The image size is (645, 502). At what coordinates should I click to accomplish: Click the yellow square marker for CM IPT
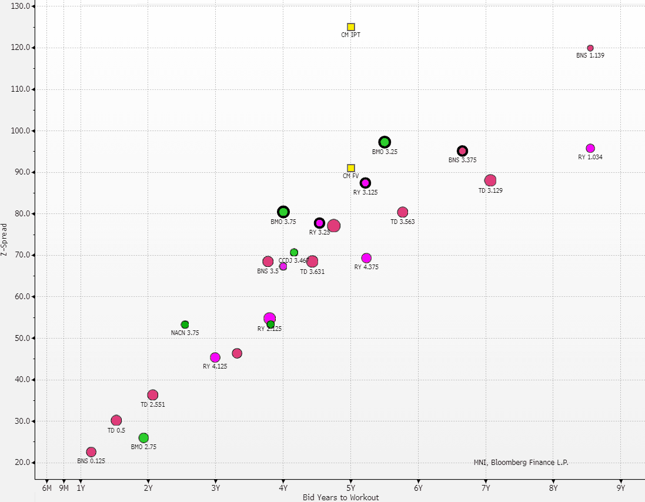click(351, 27)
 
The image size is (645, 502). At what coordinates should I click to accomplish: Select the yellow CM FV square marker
click(351, 168)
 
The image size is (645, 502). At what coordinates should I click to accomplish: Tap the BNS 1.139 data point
click(590, 48)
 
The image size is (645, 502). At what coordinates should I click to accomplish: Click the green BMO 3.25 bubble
click(385, 142)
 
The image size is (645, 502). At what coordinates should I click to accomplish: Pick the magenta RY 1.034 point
click(590, 148)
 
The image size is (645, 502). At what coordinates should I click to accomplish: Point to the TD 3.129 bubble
click(490, 180)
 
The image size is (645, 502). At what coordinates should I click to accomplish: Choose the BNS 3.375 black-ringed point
click(462, 151)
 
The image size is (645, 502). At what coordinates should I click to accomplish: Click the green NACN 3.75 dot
click(185, 324)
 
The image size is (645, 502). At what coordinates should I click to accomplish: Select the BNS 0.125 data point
click(91, 452)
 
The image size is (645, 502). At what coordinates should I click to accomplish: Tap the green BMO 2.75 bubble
click(143, 438)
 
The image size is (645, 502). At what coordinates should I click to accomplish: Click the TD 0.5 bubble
click(116, 420)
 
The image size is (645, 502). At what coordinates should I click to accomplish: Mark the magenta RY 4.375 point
click(366, 258)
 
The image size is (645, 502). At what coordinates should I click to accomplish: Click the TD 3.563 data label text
click(403, 222)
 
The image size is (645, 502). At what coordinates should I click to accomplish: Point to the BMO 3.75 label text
click(283, 222)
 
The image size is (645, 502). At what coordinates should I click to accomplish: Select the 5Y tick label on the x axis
click(351, 487)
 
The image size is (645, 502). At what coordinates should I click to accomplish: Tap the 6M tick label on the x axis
click(46, 487)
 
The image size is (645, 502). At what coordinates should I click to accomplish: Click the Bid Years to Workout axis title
click(340, 497)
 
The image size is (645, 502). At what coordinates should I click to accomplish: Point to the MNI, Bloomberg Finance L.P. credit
click(521, 462)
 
